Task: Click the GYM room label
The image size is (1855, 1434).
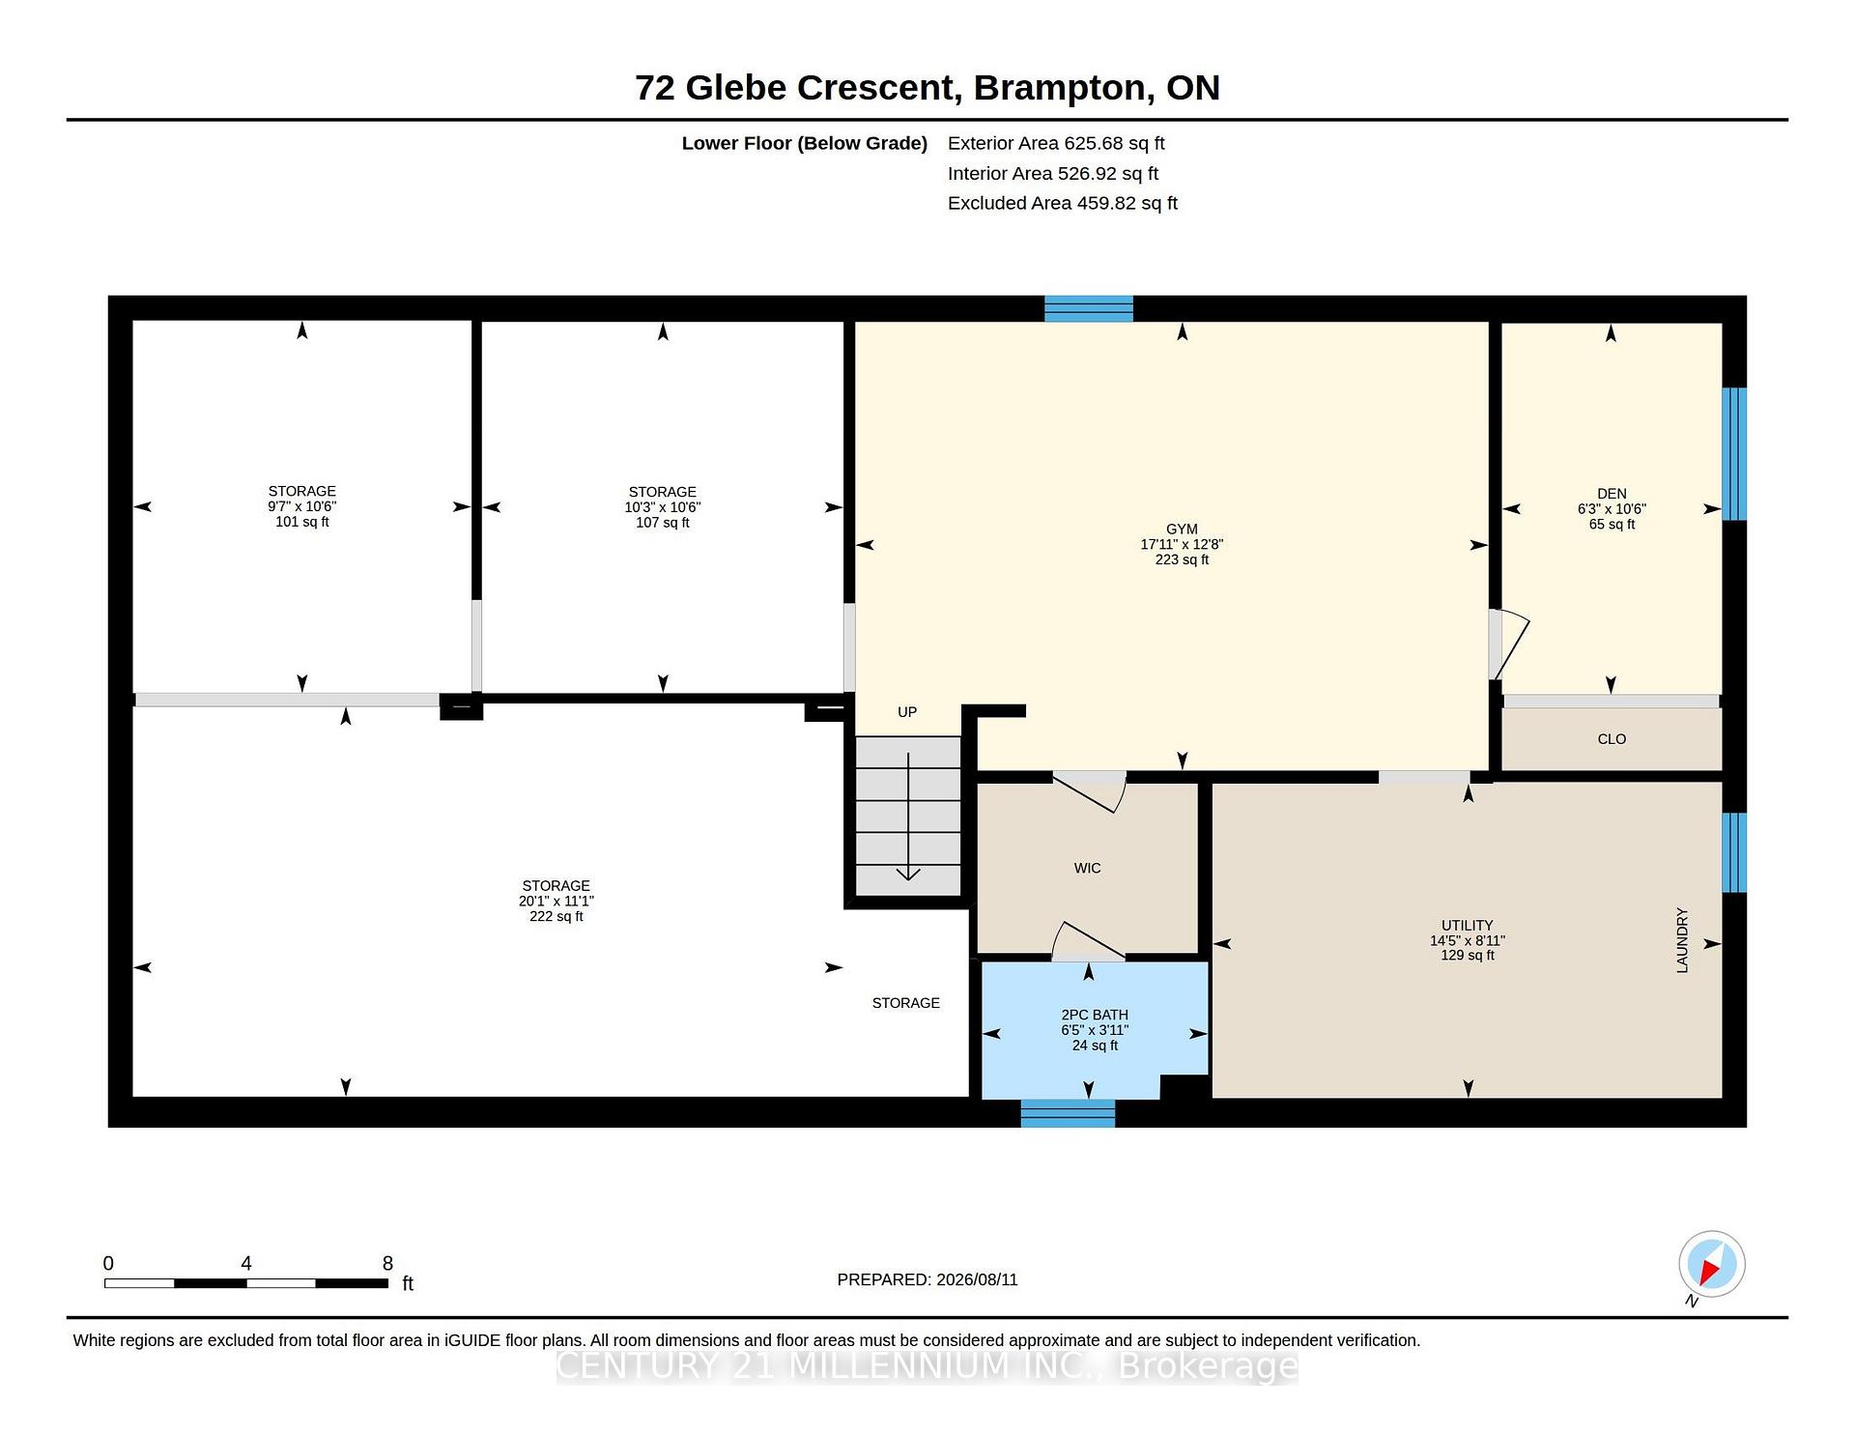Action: click(x=1182, y=530)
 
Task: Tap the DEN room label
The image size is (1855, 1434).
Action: click(x=1612, y=494)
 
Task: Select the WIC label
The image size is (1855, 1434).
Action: click(x=1087, y=869)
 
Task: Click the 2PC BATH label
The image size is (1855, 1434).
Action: click(x=1095, y=1015)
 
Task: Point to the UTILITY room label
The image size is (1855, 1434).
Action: click(x=1468, y=926)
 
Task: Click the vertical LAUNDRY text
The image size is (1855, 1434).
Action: click(x=1682, y=940)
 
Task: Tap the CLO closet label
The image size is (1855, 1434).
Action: click(x=1612, y=739)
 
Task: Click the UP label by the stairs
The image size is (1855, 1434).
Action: click(x=907, y=712)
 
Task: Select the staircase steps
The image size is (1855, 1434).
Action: click(x=908, y=816)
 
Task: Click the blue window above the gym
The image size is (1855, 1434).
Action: click(x=1089, y=309)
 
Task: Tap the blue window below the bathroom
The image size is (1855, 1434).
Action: click(x=1068, y=1113)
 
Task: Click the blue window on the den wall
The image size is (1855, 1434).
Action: click(x=1734, y=454)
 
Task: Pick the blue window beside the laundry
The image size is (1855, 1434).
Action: click(x=1734, y=852)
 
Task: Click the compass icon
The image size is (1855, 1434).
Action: click(x=1712, y=1264)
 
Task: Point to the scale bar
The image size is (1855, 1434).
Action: click(x=246, y=1283)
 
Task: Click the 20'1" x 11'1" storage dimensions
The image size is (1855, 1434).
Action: click(x=556, y=902)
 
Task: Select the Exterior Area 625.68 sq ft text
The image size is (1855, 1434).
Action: click(x=1056, y=144)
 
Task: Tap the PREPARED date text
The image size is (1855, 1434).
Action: click(x=927, y=1279)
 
